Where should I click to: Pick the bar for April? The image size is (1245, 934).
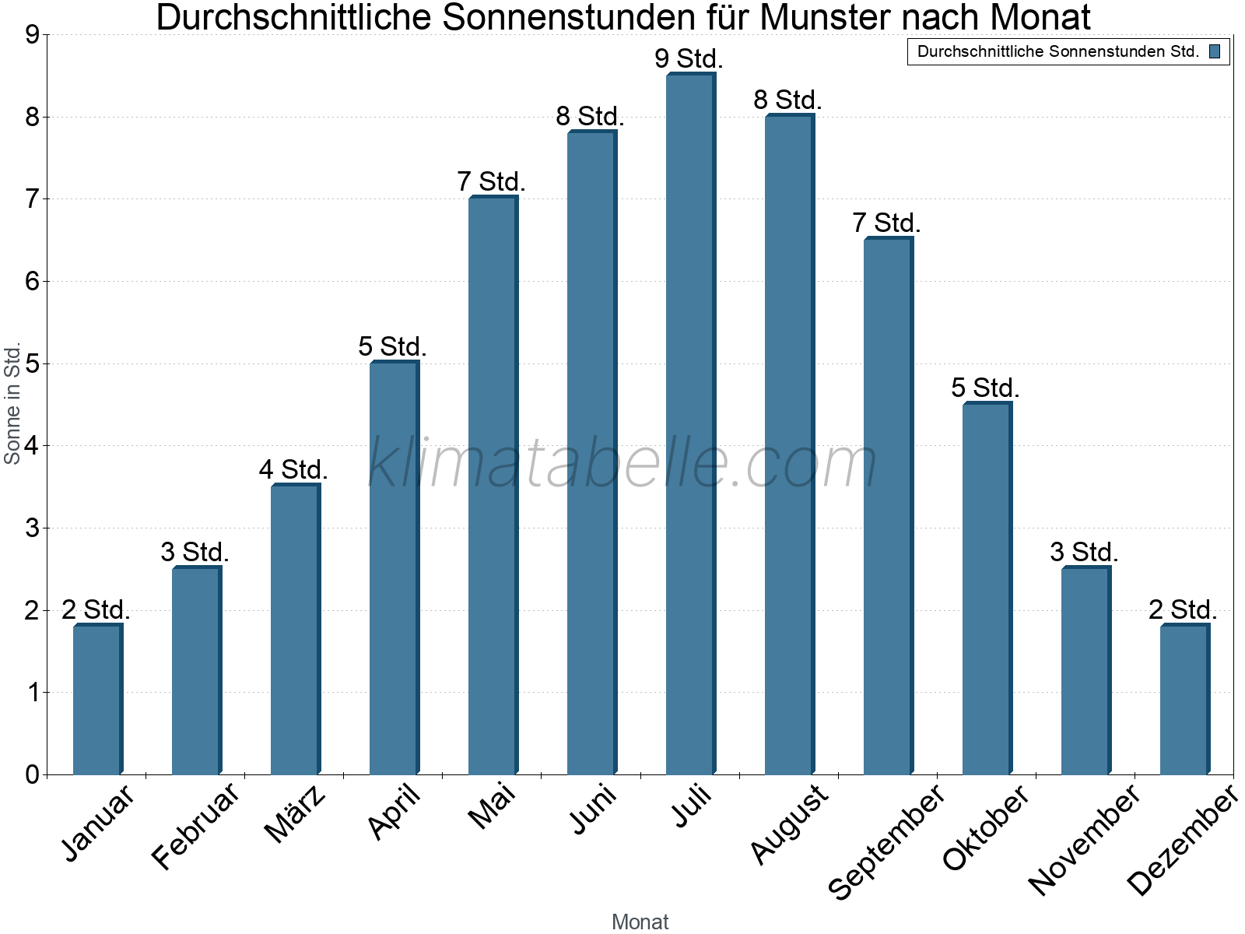(x=394, y=568)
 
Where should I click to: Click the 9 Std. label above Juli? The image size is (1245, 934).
(x=689, y=58)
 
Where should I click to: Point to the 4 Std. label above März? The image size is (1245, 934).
(x=293, y=469)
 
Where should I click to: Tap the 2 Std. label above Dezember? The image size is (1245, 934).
(x=1183, y=609)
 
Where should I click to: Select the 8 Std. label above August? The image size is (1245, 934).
(x=787, y=100)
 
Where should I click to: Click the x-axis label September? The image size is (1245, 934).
(x=886, y=842)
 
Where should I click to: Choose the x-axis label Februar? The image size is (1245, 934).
(x=195, y=827)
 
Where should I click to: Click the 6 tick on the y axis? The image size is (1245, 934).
(x=32, y=282)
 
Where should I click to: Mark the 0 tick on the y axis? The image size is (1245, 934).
(x=32, y=774)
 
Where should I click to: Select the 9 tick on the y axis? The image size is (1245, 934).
(x=32, y=35)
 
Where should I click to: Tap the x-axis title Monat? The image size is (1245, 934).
(x=640, y=922)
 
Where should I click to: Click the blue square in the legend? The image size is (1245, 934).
(x=1215, y=52)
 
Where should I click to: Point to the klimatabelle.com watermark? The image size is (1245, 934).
(x=622, y=463)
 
